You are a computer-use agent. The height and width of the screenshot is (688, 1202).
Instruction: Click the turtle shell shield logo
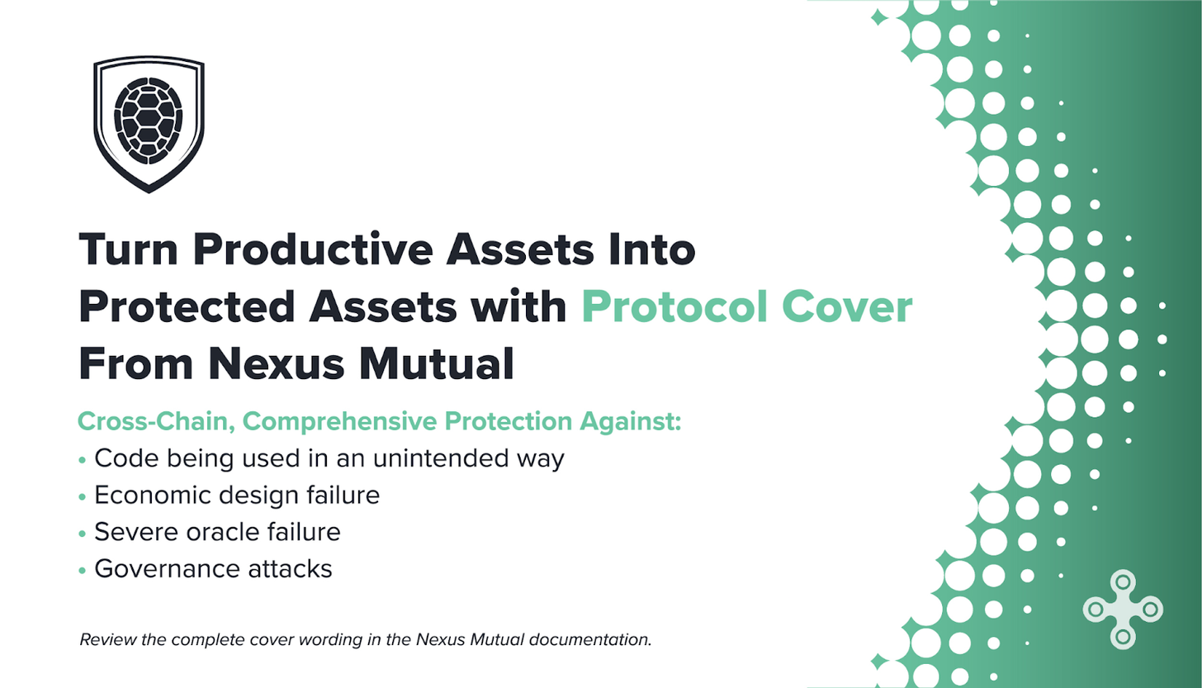[149, 124]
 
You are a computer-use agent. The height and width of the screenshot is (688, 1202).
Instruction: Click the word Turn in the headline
[128, 249]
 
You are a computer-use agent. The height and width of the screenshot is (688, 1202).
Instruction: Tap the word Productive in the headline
[313, 249]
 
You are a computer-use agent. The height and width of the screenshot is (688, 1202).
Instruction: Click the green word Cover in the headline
[847, 306]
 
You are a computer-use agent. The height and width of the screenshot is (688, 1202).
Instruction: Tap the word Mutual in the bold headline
[437, 364]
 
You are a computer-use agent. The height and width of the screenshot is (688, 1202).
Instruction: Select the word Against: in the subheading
[630, 422]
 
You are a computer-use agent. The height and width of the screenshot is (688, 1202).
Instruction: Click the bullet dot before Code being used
[82, 460]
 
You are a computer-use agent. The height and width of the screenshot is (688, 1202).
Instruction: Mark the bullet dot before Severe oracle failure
[82, 534]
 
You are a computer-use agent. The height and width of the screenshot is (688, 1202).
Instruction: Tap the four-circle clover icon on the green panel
[1123, 609]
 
